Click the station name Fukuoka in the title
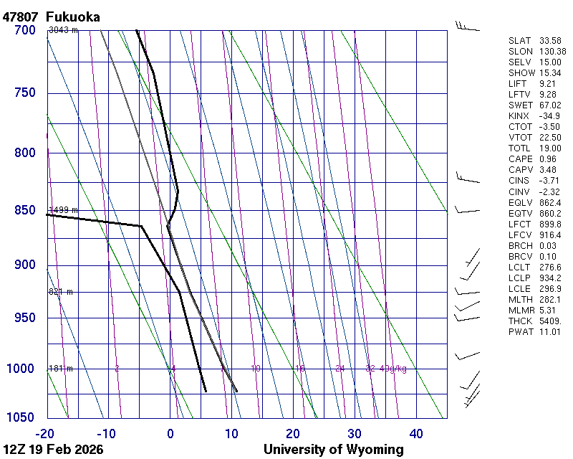[72, 16]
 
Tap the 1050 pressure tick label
[21, 417]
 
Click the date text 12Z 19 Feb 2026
[53, 450]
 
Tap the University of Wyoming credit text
[333, 450]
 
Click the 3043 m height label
[63, 29]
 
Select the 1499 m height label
[63, 209]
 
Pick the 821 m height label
[61, 292]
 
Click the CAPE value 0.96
[548, 158]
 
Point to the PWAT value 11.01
[551, 332]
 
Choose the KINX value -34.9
[549, 115]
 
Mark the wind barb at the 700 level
[467, 27]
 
